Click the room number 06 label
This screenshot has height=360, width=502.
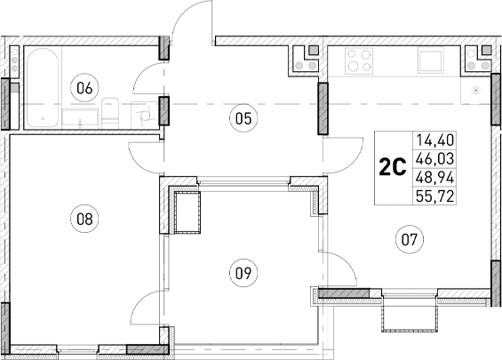point(85,87)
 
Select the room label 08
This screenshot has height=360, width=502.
point(85,214)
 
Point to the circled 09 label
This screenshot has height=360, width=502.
point(240,273)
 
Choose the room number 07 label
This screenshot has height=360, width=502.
point(410,238)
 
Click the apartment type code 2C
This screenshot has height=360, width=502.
point(393,167)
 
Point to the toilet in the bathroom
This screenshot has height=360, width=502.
point(111,113)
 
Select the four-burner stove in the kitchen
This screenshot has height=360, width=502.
point(359,61)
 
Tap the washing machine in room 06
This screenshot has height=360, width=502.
point(143,112)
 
